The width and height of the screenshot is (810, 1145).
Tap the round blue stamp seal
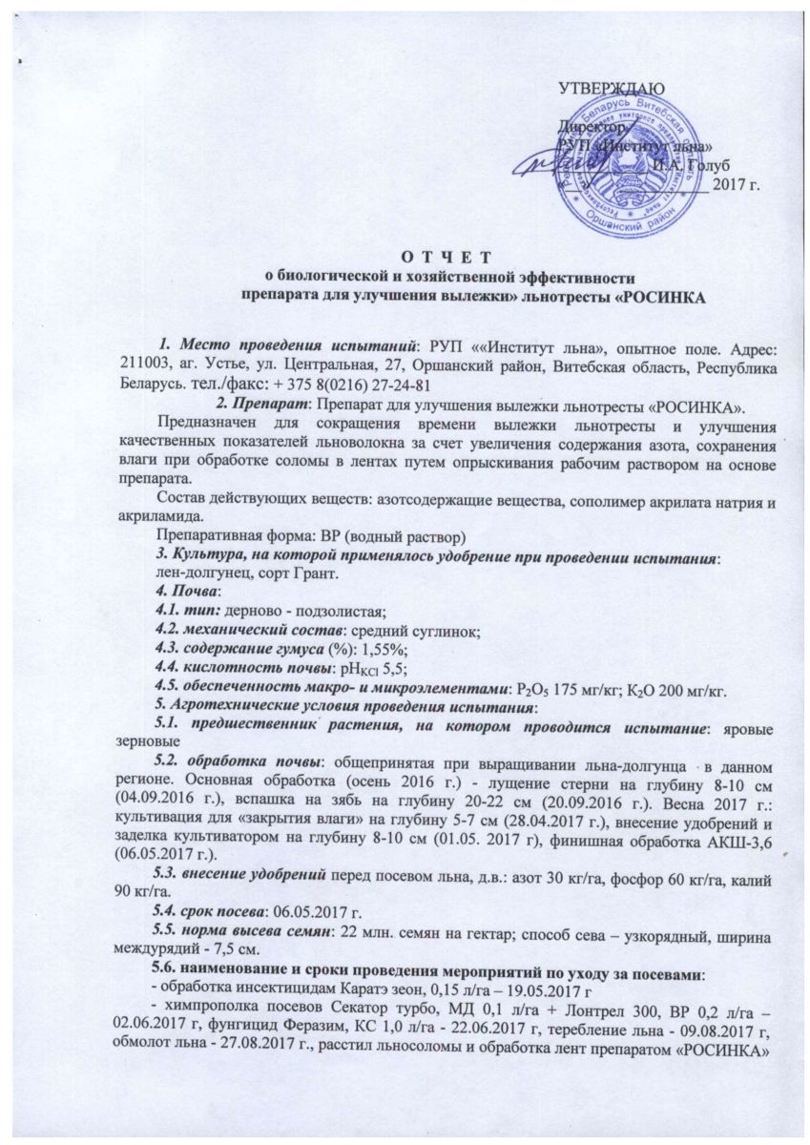[x=632, y=171]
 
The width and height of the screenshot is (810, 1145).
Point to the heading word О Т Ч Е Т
[x=447, y=256]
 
